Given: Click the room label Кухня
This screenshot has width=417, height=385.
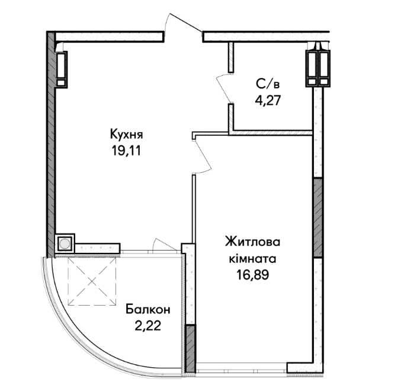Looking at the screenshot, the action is tap(126, 134).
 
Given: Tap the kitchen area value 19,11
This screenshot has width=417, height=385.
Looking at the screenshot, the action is tap(126, 151).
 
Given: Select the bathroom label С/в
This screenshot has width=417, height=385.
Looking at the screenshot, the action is tap(268, 84).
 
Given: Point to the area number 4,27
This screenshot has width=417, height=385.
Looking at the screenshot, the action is tap(268, 101).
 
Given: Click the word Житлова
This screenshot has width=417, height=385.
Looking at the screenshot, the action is tap(252, 242).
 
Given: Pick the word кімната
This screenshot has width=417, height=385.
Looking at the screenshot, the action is tap(252, 258).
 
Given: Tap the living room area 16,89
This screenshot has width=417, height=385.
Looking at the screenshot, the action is tap(252, 275).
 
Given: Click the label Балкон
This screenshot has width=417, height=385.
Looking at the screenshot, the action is tap(148, 310).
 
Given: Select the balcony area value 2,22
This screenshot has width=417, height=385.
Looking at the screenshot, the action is tap(148, 326).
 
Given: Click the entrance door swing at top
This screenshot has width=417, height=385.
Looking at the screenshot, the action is tap(184, 23).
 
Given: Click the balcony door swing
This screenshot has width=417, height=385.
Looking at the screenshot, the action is tap(164, 244).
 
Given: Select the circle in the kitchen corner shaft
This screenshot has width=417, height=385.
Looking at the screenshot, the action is tap(65, 243).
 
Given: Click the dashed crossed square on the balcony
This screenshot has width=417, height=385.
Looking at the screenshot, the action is tap(92, 281).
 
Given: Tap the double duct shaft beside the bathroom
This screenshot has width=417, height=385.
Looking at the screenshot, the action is tap(318, 68).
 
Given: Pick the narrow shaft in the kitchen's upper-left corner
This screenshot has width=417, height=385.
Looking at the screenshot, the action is tap(61, 69).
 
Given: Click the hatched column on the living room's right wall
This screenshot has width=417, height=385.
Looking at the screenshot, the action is tap(318, 217).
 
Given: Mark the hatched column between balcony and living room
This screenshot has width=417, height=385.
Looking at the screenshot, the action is tap(190, 348).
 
